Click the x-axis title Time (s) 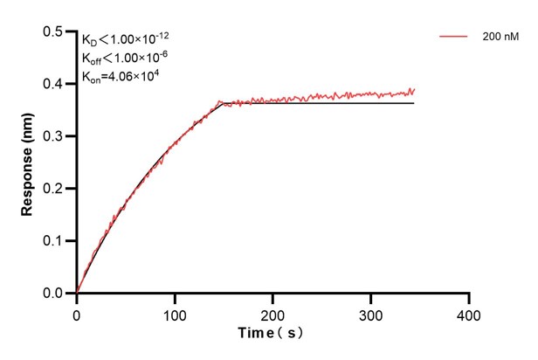272,333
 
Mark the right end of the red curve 414,89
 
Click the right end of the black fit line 413,103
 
